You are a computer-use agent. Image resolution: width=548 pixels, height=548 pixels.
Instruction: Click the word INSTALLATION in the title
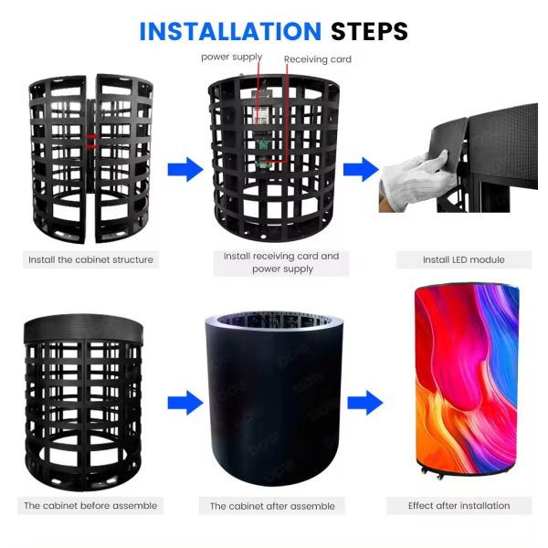pos(229,31)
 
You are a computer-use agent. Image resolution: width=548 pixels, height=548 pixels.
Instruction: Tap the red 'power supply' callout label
pos(232,57)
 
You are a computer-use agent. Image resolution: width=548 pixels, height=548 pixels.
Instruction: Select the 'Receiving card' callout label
pos(317,59)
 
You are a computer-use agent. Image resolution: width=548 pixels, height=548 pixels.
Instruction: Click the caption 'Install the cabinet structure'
pos(90,260)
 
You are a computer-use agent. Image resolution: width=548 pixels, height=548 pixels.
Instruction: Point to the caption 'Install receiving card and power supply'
pos(281,263)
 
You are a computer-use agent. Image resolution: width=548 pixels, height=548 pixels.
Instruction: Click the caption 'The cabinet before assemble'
pos(90,505)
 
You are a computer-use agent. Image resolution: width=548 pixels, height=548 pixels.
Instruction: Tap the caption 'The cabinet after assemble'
pos(272,506)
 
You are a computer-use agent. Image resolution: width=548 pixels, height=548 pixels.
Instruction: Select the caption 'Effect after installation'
pos(459,505)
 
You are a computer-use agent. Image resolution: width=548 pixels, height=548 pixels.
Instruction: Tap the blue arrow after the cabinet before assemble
pos(184,402)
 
